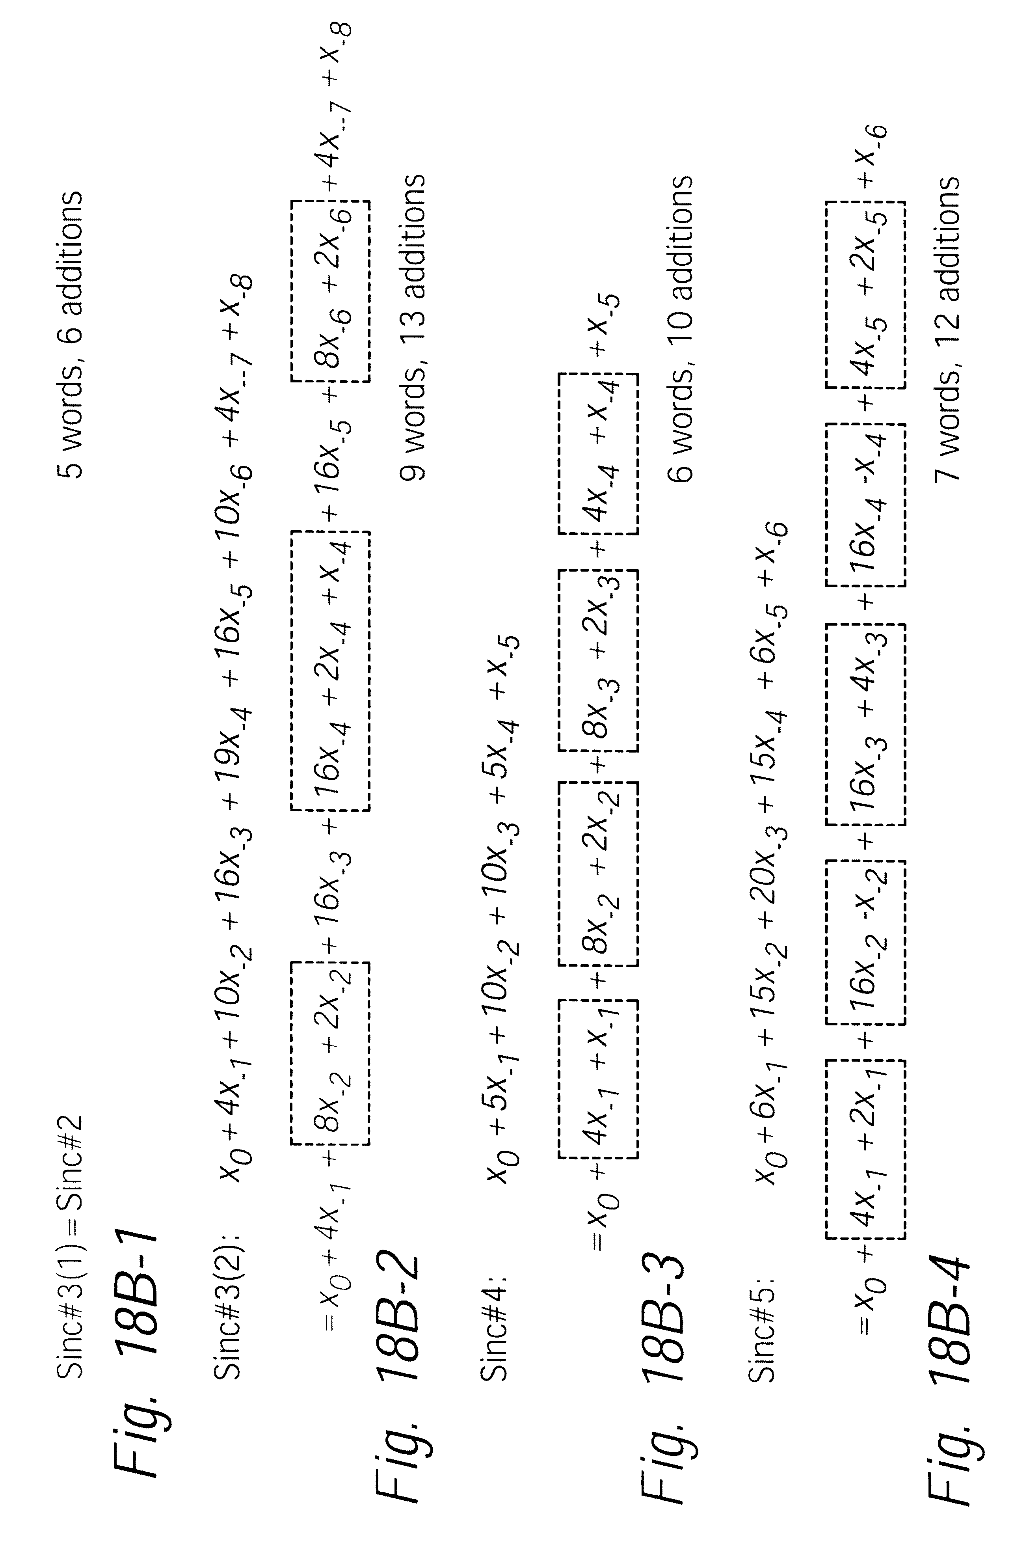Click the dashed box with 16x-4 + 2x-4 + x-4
tap(331, 671)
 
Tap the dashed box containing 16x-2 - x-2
tap(865, 943)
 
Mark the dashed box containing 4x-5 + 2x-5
tap(865, 295)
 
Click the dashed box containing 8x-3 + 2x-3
tap(598, 660)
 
